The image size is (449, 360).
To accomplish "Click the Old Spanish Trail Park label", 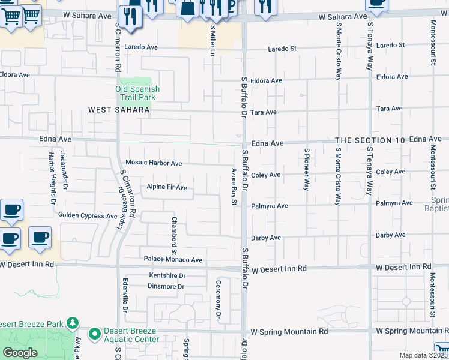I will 137,93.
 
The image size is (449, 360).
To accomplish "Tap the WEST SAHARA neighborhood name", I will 117,110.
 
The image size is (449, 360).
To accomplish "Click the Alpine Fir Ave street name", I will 167,188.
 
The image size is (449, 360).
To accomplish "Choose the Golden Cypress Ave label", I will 88,215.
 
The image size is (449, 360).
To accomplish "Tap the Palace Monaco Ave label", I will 173,260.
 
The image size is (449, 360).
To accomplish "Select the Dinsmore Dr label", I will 166,286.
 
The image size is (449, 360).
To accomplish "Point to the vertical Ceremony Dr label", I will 218,299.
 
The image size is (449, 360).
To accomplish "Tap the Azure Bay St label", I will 233,187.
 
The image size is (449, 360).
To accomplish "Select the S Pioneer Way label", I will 306,169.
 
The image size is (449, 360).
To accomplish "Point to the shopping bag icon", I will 187,8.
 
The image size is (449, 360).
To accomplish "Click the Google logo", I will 20,353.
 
